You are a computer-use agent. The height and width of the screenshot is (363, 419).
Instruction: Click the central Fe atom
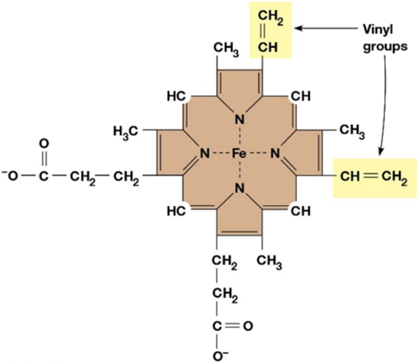pos(239,154)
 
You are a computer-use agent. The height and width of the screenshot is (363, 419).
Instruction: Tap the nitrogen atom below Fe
pos(239,188)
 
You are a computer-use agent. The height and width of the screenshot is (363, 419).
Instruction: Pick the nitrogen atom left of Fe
pos(205,154)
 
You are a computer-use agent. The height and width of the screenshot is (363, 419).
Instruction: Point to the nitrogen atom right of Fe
pos(275,154)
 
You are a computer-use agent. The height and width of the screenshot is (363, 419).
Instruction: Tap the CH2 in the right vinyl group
pos(394,176)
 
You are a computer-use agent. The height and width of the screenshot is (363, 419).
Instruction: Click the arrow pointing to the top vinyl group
pos(327,28)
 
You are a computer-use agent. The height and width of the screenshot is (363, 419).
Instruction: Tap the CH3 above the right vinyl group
pos(352,131)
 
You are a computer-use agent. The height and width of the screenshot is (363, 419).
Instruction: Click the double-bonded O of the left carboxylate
pos(44,143)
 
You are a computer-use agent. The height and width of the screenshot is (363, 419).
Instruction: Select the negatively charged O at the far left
pos(11,176)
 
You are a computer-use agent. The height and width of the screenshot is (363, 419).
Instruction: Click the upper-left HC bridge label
pos(176,96)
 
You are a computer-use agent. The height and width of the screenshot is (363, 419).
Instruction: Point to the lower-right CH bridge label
pos(301,211)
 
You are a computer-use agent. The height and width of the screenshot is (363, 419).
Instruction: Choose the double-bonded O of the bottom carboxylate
pos(248,326)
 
